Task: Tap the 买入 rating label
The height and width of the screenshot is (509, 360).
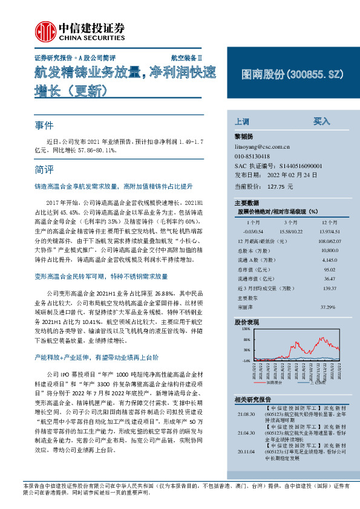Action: point(321,121)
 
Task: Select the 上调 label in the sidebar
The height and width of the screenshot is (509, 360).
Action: point(241,121)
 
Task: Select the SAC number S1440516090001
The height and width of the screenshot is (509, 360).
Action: point(300,165)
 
